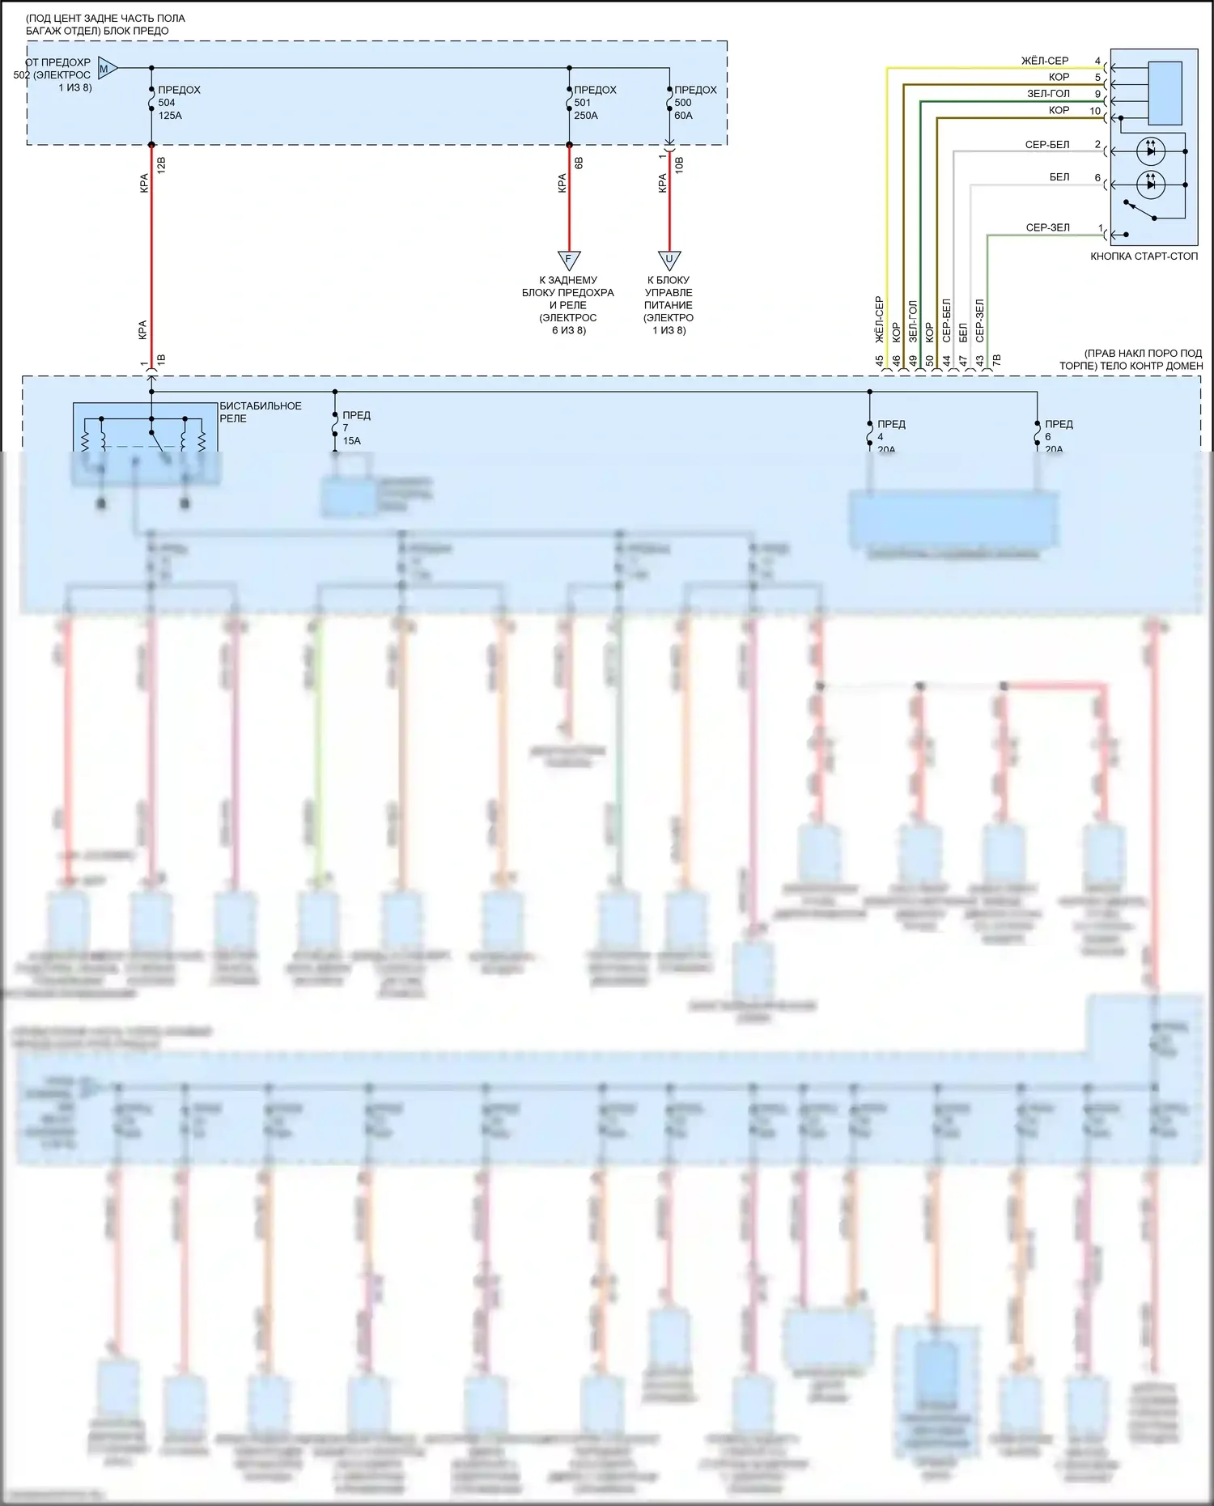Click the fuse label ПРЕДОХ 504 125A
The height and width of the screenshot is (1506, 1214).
click(178, 103)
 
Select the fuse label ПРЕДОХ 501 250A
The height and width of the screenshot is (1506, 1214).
click(595, 103)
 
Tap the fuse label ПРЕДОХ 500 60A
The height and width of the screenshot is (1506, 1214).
click(694, 103)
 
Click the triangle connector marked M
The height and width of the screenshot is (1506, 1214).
click(107, 69)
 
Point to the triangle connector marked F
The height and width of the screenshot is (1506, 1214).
click(569, 261)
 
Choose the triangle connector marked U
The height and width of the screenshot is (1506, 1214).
click(669, 261)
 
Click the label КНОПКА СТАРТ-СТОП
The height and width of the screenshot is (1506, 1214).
click(1144, 257)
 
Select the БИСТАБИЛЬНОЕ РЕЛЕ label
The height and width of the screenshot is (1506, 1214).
click(260, 412)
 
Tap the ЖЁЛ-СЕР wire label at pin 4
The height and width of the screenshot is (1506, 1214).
click(1044, 61)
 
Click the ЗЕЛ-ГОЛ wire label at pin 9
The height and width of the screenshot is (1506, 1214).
click(1048, 94)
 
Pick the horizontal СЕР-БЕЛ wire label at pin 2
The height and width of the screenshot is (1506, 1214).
click(1046, 145)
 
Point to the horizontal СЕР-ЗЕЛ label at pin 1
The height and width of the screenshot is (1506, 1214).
click(1047, 227)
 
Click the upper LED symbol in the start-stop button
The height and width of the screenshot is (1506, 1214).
click(1151, 151)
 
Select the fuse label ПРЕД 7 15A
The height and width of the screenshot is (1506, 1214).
click(355, 428)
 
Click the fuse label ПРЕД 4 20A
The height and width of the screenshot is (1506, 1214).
click(890, 436)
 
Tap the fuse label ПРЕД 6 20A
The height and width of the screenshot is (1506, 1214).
click(1058, 436)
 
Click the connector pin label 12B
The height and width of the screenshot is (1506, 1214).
click(161, 166)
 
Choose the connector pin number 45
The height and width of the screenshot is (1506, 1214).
click(880, 361)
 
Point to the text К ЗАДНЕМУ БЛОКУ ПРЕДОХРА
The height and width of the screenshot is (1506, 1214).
click(568, 286)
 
